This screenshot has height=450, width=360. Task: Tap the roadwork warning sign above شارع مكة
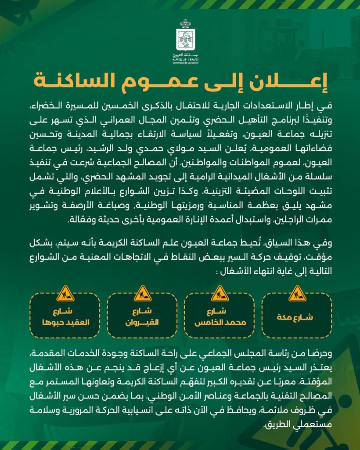coord(297,293)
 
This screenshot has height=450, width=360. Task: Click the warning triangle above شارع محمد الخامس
coord(220,293)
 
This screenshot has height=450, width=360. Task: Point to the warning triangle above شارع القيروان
coord(143,293)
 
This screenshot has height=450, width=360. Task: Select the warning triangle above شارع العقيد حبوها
coord(65,293)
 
